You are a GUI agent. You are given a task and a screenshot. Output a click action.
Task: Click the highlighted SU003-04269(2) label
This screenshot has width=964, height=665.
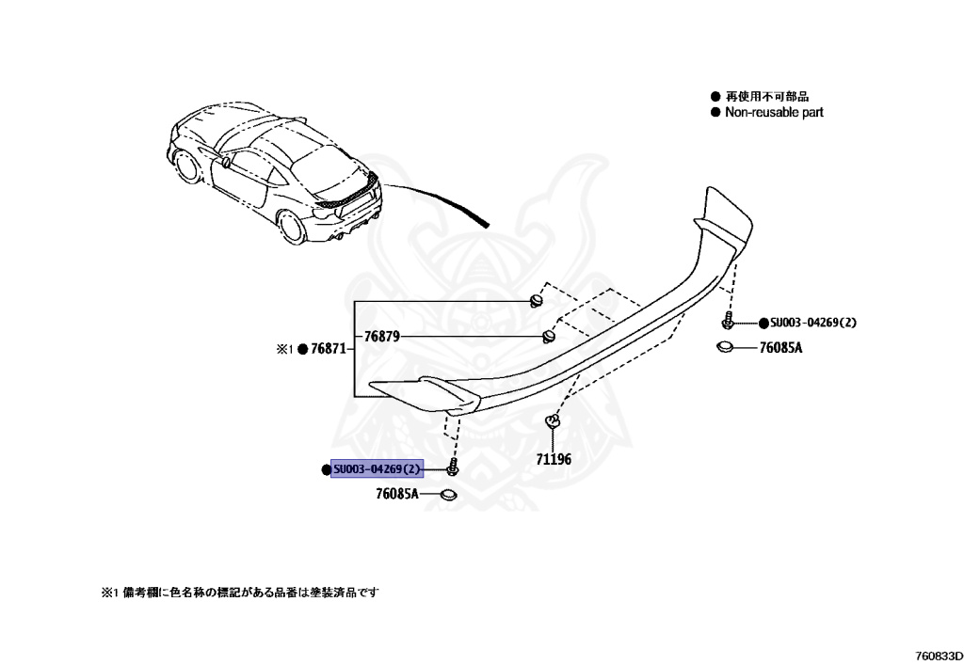[x=378, y=469]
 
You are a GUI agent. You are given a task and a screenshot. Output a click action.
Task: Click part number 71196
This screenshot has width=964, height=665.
[x=554, y=460]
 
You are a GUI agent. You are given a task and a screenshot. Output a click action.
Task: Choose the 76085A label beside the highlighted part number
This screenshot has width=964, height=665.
[x=396, y=493]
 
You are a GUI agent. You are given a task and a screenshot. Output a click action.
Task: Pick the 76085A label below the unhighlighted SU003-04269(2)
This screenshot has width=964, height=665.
[x=780, y=348]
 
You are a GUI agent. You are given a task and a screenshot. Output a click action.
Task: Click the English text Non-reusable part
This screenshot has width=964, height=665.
[x=774, y=112]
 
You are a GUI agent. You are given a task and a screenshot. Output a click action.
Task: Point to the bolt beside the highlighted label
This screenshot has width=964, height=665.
[x=454, y=467]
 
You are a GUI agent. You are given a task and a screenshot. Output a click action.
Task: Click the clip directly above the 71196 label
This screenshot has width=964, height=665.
[x=552, y=422]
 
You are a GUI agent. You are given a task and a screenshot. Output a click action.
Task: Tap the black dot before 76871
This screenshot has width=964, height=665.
[x=303, y=350]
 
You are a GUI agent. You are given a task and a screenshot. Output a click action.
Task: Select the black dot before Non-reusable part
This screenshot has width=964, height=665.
[x=715, y=112]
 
